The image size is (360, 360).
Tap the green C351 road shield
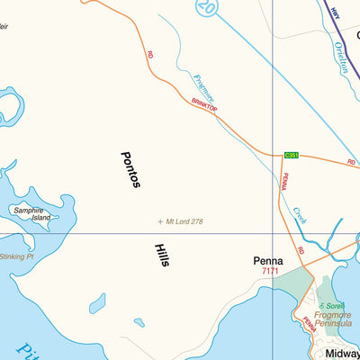click(x=291, y=155)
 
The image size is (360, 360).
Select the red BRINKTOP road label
click(x=204, y=105)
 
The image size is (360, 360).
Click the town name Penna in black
click(x=268, y=261)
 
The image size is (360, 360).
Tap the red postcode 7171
click(x=270, y=271)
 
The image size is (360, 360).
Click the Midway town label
click(x=343, y=354)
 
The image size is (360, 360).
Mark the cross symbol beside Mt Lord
click(x=160, y=220)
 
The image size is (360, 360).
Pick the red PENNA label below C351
click(x=283, y=181)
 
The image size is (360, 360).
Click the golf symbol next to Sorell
click(x=319, y=306)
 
